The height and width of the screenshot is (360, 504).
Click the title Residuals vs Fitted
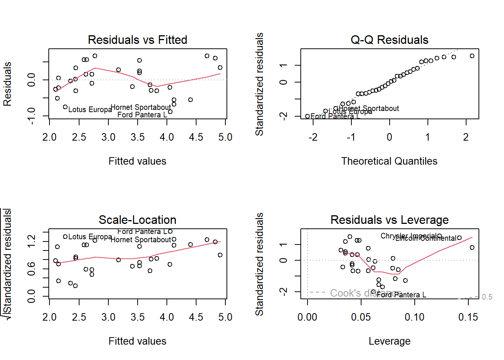pos(137,40)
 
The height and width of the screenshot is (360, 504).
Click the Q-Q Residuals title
pos(389,40)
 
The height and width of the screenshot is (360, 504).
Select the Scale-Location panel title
pos(137,220)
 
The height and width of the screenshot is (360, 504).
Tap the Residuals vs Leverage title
pos(389,220)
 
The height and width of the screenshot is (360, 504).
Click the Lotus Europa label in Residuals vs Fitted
pos(90,109)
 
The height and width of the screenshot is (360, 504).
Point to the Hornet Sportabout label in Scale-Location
pos(141,240)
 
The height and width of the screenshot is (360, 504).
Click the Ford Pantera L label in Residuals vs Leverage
pos(401,295)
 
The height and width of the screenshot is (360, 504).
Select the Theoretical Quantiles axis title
pos(389,161)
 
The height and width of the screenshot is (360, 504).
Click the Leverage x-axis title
pos(389,341)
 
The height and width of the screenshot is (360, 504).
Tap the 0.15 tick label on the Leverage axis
pos(468,317)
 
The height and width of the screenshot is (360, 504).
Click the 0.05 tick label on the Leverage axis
pos(361,317)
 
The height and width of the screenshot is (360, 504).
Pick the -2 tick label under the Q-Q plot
pos(313,137)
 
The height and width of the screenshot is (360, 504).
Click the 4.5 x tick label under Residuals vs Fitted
pos(196,137)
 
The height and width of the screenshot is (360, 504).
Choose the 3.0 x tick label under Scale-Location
pos(108,317)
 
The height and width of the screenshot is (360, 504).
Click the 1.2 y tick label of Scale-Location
pos(31,240)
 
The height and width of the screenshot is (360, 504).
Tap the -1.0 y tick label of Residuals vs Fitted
pos(31,115)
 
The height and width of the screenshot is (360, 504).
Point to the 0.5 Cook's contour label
pos(487,297)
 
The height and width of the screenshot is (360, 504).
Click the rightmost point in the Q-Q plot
pos(472,56)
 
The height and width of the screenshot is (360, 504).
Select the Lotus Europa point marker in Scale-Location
pos(65,237)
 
